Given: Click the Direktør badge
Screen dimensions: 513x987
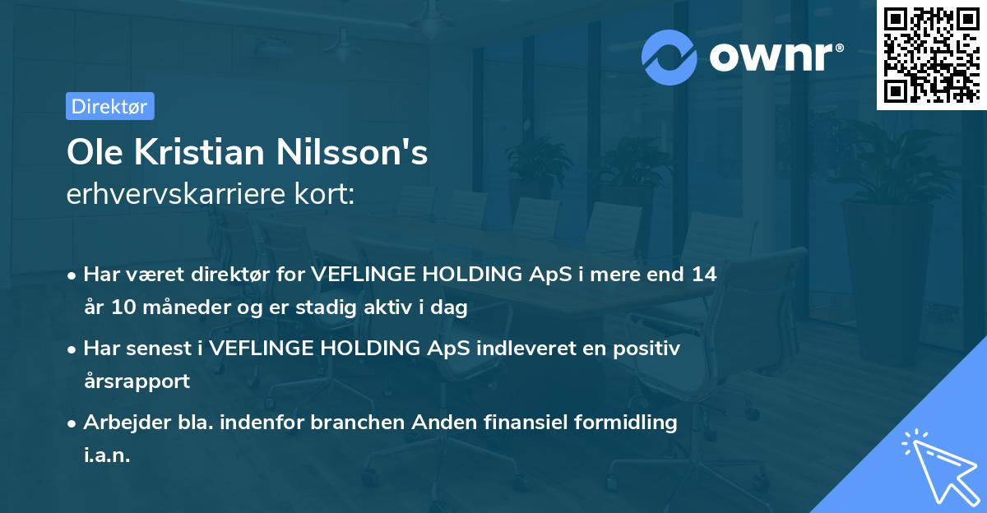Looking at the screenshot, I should [109, 106].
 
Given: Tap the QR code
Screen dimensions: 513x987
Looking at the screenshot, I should [930, 54].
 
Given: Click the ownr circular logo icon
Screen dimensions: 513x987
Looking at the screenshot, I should [670, 58].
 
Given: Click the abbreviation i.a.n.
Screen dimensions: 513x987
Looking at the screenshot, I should [107, 455].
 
